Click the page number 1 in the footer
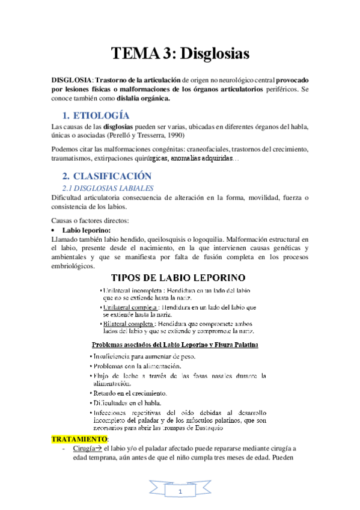coord(180,493)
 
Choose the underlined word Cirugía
coord(87,448)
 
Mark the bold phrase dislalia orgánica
coord(148,98)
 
